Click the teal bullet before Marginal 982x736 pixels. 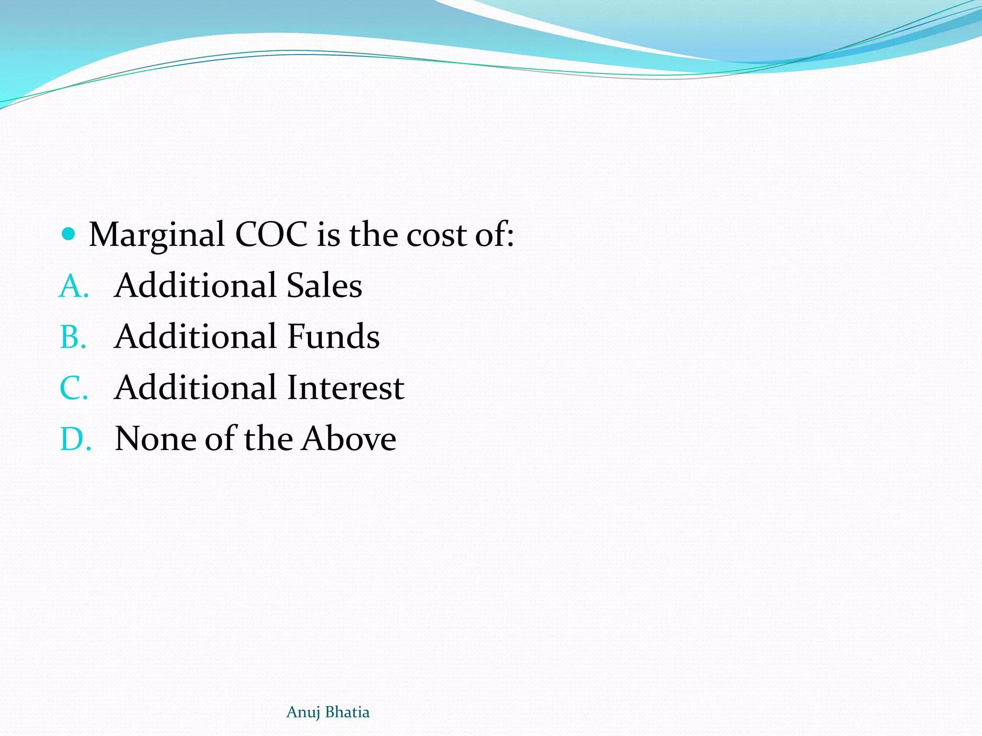tap(69, 234)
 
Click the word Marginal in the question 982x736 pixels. tap(157, 235)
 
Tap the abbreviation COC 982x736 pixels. tap(271, 235)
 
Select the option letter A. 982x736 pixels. tap(73, 286)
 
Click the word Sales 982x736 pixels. tap(324, 286)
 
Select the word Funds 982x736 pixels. tap(333, 336)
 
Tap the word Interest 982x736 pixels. tap(346, 388)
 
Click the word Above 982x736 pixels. tap(349, 439)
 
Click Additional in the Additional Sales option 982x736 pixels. tap(196, 286)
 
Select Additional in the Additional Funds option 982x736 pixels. tap(196, 336)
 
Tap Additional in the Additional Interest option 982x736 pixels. tap(196, 388)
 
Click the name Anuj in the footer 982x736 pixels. tap(303, 713)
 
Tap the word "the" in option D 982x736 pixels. tap(268, 439)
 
